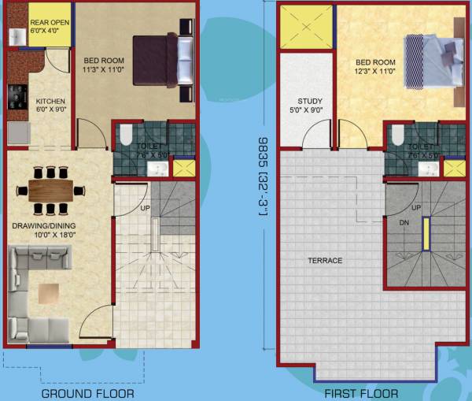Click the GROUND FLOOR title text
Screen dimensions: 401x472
coord(87,393)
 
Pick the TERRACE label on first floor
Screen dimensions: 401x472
coord(325,261)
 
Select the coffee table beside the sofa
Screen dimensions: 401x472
coord(50,294)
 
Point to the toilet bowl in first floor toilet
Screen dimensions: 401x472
coord(397,136)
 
